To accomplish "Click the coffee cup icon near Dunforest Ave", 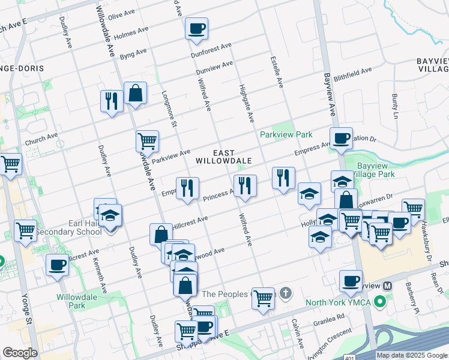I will (196, 29).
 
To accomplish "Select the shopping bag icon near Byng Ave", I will (135, 94).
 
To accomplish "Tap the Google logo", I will (20, 353).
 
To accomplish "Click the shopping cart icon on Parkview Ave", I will (147, 142).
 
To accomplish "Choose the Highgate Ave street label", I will (247, 100).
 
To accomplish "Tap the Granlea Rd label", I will (328, 319).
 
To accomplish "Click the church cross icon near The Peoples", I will (286, 294).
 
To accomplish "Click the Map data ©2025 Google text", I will (412, 355).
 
